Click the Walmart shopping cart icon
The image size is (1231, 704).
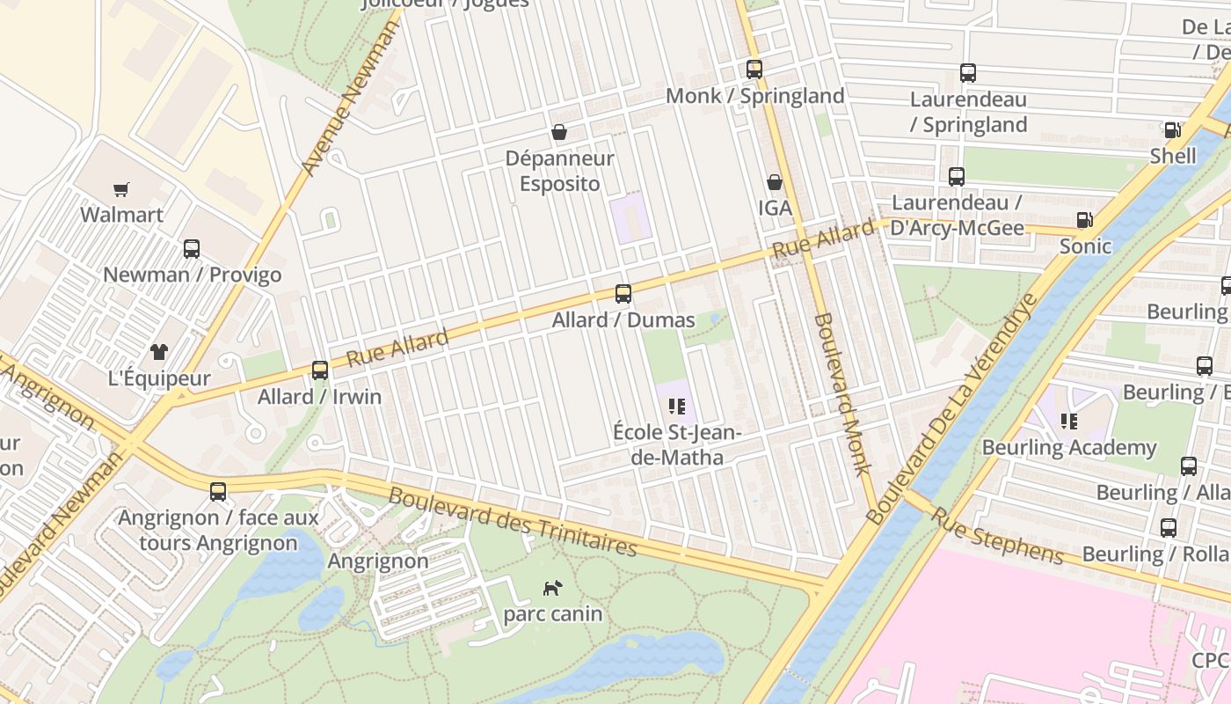[121, 189]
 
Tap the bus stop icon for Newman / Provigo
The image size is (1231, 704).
[192, 249]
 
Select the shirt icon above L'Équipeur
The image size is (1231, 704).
[158, 352]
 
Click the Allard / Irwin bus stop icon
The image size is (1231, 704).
[320, 370]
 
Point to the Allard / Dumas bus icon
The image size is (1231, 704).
[623, 294]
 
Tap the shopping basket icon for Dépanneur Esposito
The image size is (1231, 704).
[558, 133]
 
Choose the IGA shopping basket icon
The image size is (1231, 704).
[775, 182]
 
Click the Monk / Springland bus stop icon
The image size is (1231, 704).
[754, 70]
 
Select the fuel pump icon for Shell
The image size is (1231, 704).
[1173, 130]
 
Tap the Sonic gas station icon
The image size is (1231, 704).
[1085, 220]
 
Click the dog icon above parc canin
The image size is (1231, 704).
[552, 588]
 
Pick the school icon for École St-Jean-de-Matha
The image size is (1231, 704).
[676, 406]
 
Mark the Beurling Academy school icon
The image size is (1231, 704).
[1069, 422]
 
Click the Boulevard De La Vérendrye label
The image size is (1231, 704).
[952, 409]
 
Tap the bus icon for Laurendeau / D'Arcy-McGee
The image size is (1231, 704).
[957, 177]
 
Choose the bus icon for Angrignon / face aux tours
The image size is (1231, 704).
[218, 491]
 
